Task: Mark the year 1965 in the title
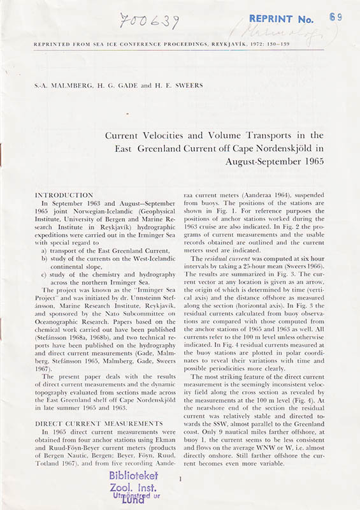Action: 310,161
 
